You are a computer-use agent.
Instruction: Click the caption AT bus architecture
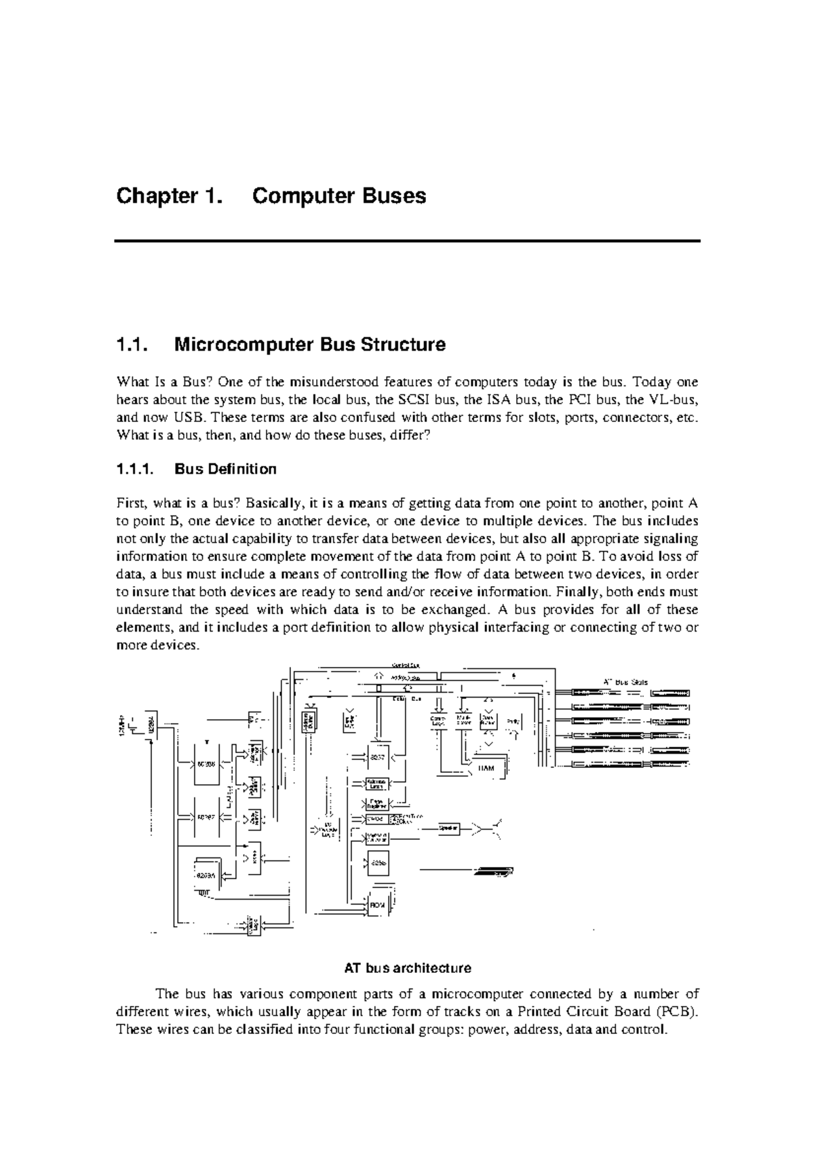pos(407,967)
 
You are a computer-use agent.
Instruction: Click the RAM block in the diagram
pos(486,768)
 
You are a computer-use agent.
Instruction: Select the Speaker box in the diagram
pos(448,828)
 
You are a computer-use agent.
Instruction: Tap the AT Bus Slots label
pos(625,681)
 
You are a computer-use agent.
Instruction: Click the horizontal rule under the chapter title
pos(407,241)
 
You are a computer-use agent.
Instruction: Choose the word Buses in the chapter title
pos(393,197)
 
